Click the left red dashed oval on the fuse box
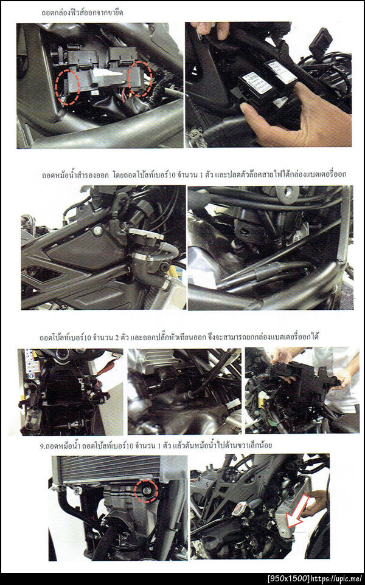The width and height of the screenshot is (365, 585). pos(56,87)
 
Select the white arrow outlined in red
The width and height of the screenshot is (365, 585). pos(297,511)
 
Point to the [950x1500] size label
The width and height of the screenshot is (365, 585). pos(288,579)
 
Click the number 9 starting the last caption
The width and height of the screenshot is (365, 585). pos(41,446)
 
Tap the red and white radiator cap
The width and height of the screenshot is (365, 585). pos(238,509)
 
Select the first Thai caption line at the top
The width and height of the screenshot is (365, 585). pos(82,12)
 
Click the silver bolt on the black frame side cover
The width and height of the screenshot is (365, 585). pos(99,231)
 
